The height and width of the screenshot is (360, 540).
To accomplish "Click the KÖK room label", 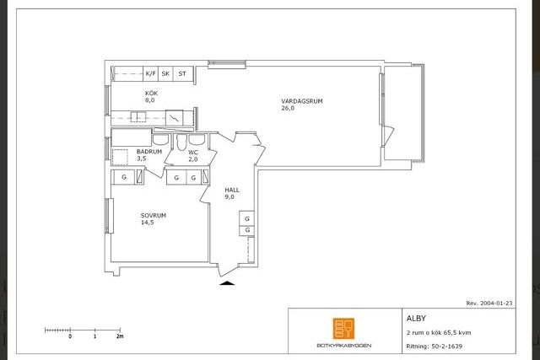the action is [x=151, y=94].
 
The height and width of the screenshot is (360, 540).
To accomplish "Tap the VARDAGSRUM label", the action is [x=302, y=101].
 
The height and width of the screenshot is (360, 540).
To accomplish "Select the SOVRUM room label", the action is [x=154, y=216].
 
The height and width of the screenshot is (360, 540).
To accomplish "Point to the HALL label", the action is [x=232, y=190].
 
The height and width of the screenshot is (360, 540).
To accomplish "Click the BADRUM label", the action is [x=149, y=152].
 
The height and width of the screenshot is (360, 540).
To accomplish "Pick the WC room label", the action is [x=193, y=152].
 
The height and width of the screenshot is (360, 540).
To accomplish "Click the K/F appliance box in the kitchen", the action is [x=150, y=73].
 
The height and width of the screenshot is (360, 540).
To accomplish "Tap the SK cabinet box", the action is [x=165, y=73].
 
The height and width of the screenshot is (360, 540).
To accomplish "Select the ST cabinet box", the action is [x=182, y=73].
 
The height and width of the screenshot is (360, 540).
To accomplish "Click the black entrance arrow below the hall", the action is [x=227, y=283].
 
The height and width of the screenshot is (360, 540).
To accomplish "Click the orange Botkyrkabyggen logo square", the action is [x=343, y=328].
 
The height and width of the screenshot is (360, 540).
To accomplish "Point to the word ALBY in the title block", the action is [x=416, y=319].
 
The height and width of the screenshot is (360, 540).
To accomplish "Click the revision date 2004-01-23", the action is [x=496, y=304].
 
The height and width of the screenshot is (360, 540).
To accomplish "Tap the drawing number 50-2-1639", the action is [x=446, y=347].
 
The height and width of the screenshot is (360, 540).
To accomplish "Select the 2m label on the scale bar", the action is [x=120, y=336].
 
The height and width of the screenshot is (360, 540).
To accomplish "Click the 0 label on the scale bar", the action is [x=70, y=336].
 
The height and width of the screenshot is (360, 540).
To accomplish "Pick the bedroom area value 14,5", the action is [x=147, y=223].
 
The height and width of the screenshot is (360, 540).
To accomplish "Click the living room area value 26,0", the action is [x=288, y=108].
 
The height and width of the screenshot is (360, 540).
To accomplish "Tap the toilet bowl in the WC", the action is [x=181, y=142].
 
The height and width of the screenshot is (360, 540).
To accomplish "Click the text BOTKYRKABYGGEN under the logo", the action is [x=343, y=345].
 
